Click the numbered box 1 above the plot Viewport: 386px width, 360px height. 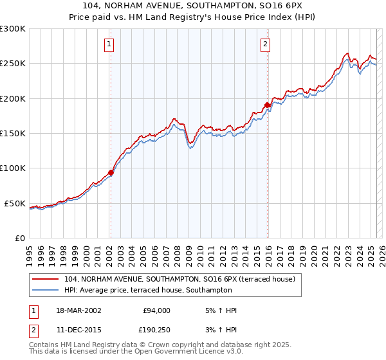pos(109,44)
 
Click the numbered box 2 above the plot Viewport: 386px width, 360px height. pos(265,44)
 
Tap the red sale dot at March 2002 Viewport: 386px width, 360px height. pos(111,172)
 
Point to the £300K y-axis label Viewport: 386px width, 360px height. pos(13,29)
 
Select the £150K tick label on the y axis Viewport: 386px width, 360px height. pos(13,134)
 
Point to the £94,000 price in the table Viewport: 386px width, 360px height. pos(156,310)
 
